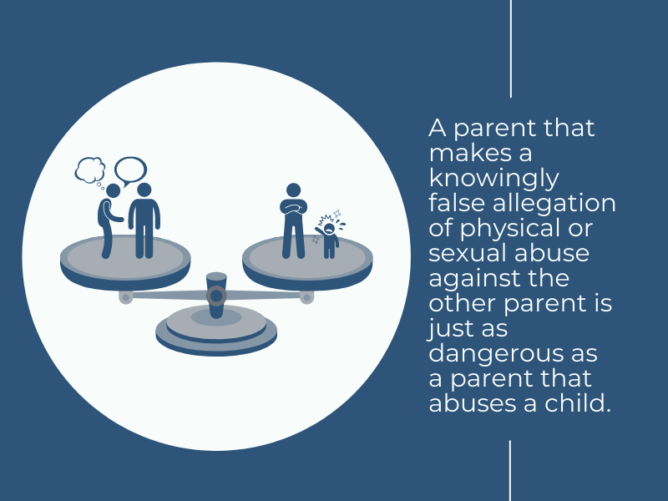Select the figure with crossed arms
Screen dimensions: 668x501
point(294,220)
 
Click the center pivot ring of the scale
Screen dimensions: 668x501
point(216,296)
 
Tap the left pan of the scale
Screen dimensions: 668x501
point(125,261)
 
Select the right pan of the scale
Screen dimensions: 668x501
point(307,261)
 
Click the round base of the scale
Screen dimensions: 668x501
point(216,331)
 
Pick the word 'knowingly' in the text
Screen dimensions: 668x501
point(493,179)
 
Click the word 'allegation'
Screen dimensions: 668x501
point(554,204)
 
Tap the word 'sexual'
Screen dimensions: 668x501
point(468,253)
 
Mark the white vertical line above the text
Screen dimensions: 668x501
point(511,48)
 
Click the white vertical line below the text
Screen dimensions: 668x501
point(510,471)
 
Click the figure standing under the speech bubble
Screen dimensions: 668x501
point(144,220)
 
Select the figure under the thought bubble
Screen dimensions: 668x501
point(109,221)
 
